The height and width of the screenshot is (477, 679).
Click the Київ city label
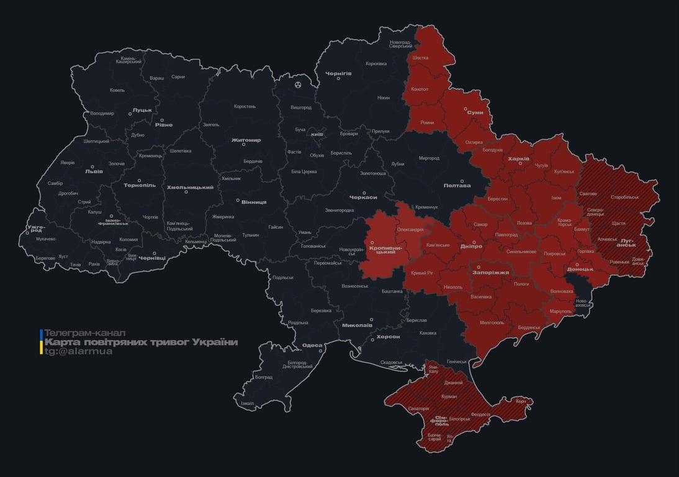coord(317,134)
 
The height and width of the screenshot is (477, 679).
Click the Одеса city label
coord(312,346)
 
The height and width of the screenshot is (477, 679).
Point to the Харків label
coord(518,159)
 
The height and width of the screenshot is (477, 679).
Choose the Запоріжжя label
coord(490,272)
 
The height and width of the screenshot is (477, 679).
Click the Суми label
coord(475,112)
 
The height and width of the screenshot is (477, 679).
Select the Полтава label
coord(457,185)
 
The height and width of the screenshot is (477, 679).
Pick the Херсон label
coord(388,337)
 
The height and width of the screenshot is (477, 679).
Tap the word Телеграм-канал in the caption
coord(85,333)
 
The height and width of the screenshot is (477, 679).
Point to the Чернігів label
coord(338,73)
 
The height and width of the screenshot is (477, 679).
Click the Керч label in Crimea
coord(520,401)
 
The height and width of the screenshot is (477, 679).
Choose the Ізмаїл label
coord(247,403)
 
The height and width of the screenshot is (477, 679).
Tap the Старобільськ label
coord(624,197)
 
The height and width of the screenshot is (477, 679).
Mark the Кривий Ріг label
coord(423,273)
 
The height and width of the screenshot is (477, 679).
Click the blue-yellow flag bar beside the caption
coord(41,342)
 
